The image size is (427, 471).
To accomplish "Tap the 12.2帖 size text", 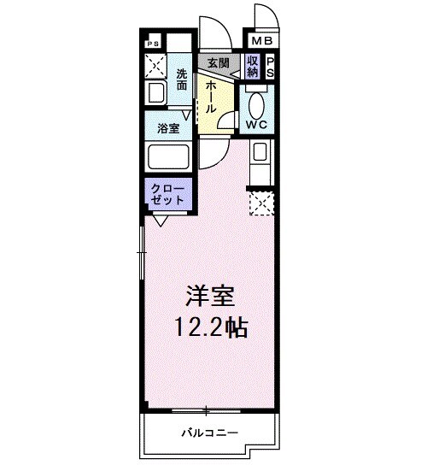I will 212,327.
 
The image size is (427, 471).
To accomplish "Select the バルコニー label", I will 209,432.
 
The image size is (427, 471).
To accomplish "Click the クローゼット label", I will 167,193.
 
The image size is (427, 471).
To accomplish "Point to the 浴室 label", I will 168,128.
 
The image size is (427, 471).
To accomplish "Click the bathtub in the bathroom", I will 168,157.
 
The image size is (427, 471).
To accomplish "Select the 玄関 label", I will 218,63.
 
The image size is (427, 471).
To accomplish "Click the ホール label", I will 210,96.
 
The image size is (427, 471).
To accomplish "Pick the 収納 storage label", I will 253,66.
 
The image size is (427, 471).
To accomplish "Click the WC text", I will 257,125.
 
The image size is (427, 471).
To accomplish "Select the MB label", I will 260,39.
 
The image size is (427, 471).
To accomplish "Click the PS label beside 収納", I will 270,66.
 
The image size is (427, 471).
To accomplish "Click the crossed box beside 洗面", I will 155,63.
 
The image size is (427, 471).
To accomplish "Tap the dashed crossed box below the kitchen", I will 260,203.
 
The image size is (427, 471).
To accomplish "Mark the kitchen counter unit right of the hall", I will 259,158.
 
